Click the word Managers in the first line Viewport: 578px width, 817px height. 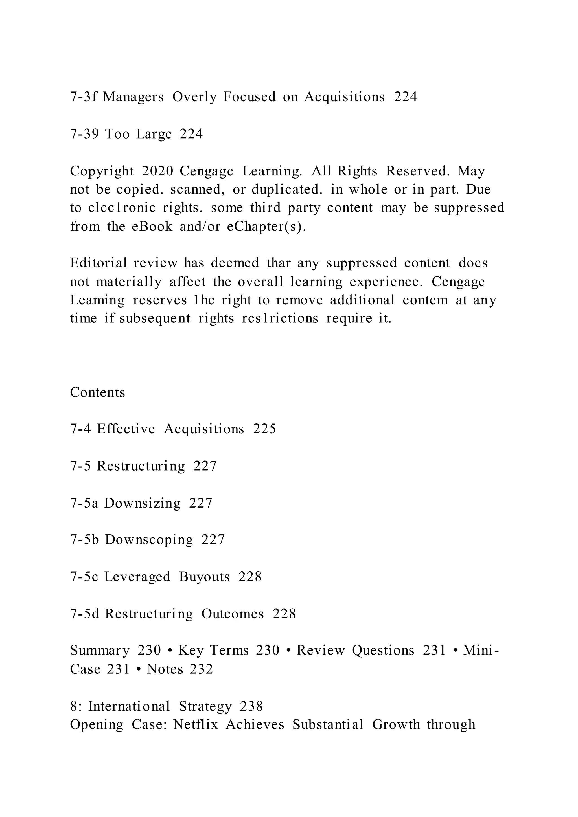[133, 97]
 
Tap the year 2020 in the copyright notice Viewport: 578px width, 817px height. [157, 171]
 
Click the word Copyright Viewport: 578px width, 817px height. [102, 171]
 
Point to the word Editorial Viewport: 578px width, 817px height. [98, 263]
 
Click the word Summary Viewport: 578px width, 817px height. [100, 651]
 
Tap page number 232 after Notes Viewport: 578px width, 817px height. [202, 669]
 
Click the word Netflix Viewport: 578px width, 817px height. [195, 724]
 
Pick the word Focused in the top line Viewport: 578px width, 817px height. [249, 97]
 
